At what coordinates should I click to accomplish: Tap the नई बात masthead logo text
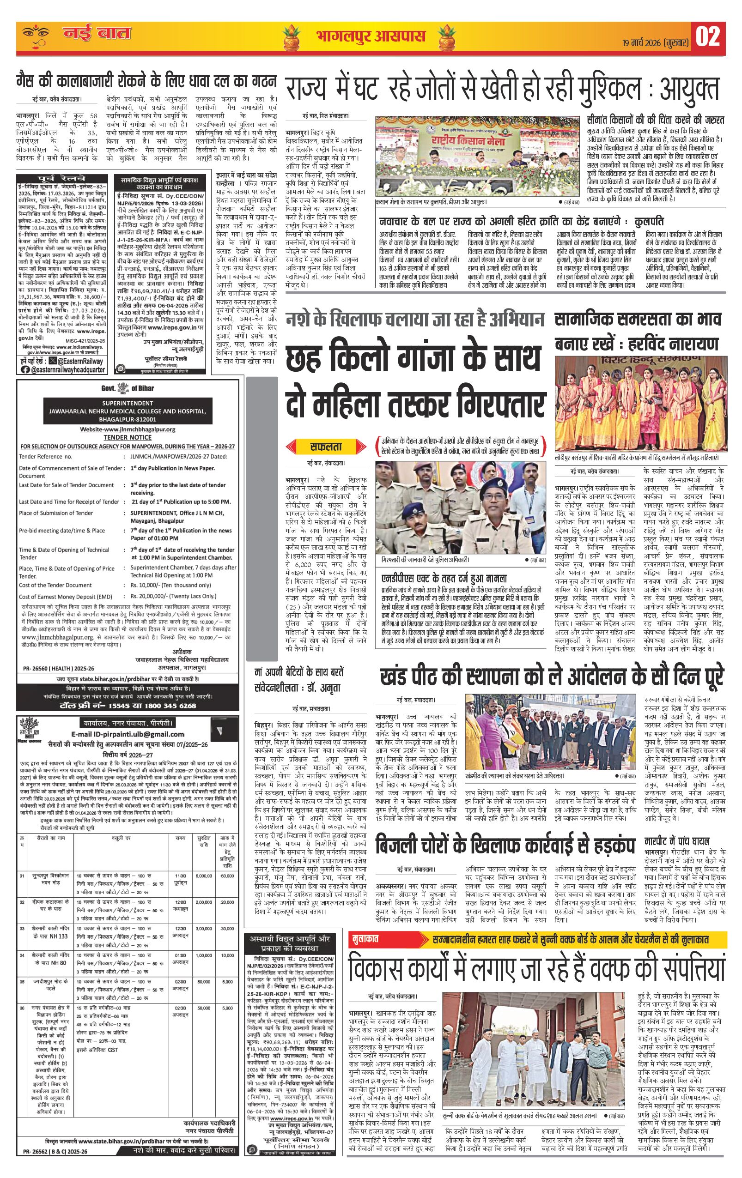97,34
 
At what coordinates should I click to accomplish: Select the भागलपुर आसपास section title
370,36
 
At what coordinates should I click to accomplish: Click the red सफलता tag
325,446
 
